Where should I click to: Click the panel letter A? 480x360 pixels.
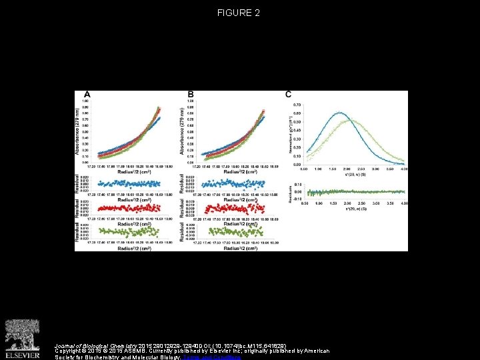point(87,95)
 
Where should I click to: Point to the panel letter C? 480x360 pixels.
point(288,95)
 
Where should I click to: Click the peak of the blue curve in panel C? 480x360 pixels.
point(339,113)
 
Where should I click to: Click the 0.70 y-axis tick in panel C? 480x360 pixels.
point(297,105)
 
